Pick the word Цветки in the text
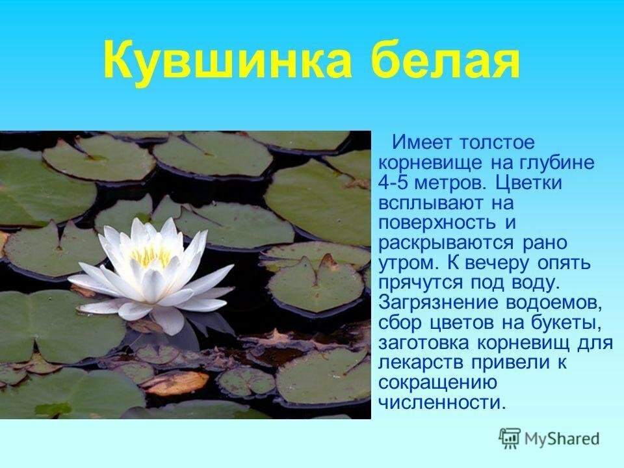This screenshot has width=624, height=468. [529, 184]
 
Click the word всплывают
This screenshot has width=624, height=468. [432, 203]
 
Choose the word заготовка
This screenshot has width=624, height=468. [423, 343]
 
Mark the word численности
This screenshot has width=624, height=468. [442, 403]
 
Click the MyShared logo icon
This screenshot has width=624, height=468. [510, 439]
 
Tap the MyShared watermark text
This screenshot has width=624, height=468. [562, 439]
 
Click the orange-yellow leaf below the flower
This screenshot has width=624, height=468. [175, 383]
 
